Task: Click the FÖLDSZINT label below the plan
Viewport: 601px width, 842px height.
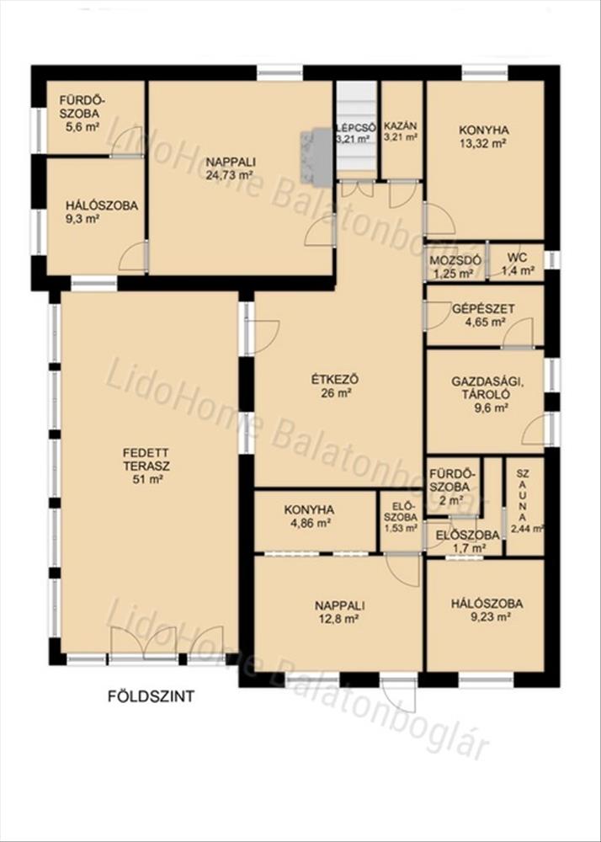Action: click(151, 696)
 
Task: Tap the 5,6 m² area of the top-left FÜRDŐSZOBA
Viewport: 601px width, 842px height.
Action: click(79, 127)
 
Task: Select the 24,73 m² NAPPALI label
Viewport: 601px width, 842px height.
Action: click(231, 168)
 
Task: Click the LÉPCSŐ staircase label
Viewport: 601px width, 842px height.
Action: click(355, 128)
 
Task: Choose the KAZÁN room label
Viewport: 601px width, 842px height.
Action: click(401, 126)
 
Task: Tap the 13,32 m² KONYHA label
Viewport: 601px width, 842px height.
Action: click(483, 136)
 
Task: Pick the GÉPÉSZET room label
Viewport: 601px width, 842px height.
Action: click(483, 309)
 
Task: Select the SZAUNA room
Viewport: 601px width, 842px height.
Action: click(524, 506)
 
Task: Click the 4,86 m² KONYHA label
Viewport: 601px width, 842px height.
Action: click(309, 515)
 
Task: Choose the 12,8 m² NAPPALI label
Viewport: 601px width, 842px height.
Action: click(340, 611)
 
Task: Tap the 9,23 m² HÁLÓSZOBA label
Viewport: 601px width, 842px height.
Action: click(487, 610)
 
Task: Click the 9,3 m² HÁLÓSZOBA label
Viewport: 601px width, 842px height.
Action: click(102, 211)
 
